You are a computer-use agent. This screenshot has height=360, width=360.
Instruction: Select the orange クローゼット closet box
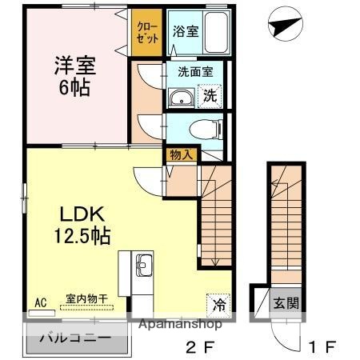click(x=146, y=33)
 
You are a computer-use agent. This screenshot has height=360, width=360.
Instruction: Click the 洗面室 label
click(x=194, y=70)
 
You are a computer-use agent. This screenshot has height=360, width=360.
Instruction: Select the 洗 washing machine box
click(x=210, y=95)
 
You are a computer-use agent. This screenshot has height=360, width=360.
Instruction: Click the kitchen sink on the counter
click(x=144, y=266)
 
